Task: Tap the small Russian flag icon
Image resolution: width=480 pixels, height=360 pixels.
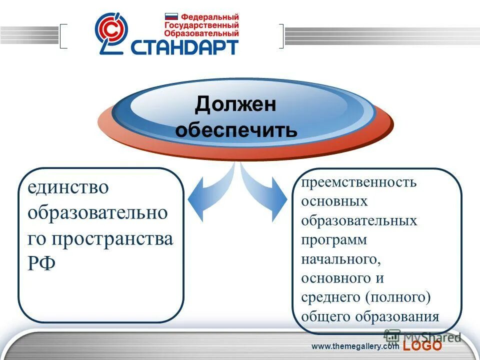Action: coord(171,16)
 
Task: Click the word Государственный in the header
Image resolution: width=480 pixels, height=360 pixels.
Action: coord(201,25)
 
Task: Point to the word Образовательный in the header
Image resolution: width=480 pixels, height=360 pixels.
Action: coord(201,33)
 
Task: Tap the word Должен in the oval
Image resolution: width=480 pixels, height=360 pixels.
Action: coord(235,104)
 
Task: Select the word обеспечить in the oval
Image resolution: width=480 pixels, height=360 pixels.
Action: coord(236,130)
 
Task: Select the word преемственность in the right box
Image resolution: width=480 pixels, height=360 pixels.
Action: coord(358,182)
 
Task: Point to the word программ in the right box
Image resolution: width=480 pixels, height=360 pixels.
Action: coord(334,240)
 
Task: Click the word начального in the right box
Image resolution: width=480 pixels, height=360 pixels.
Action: coord(338,259)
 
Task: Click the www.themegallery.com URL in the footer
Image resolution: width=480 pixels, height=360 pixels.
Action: coord(355,346)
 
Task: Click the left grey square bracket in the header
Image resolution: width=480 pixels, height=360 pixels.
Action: coord(63,36)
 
